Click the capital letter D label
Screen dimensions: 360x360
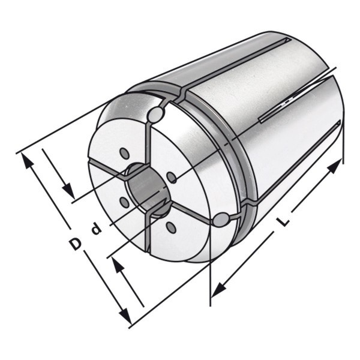(76, 244)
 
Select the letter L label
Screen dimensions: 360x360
(283, 221)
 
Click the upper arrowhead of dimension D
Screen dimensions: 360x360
(27, 161)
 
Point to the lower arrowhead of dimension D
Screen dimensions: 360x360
(125, 315)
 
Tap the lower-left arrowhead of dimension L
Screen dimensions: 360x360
(218, 290)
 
